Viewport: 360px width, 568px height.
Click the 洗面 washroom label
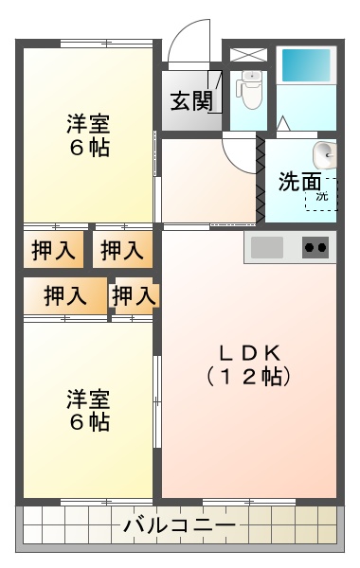pyautogui.click(x=298, y=182)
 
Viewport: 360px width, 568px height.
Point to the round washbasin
pyautogui.click(x=325, y=153)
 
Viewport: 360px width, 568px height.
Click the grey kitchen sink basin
pyautogui.click(x=268, y=247)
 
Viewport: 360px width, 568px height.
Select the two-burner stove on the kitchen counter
pyautogui.click(x=316, y=248)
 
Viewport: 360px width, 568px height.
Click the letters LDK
pyautogui.click(x=248, y=352)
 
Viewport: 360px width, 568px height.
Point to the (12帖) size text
pyautogui.click(x=248, y=375)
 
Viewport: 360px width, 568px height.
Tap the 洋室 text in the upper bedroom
pyautogui.click(x=88, y=123)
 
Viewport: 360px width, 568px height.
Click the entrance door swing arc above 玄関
pyautogui.click(x=190, y=43)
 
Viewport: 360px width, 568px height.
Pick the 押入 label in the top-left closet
pyautogui.click(x=52, y=251)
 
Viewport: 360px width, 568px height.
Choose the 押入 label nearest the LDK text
pyautogui.click(x=134, y=296)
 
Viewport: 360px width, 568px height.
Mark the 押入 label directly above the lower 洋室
pyautogui.click(x=64, y=296)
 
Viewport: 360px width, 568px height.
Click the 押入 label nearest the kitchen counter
pyautogui.click(x=122, y=251)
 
